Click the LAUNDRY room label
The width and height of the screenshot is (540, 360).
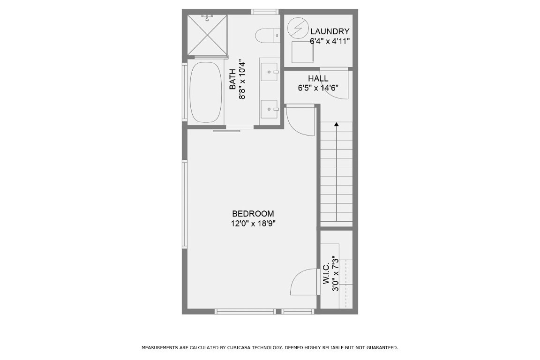[330, 31]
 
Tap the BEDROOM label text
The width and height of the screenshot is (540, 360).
[253, 214]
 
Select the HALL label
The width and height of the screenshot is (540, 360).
[318, 78]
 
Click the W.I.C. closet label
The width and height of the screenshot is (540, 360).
[326, 274]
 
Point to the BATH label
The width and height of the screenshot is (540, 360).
[232, 80]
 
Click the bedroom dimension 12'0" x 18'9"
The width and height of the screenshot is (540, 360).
[253, 224]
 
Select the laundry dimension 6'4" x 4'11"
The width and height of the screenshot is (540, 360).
[330, 41]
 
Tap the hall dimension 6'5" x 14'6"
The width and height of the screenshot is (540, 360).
[318, 88]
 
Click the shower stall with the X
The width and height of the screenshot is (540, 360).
[207, 35]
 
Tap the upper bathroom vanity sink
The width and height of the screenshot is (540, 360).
[270, 72]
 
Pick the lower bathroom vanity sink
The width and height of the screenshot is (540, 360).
[270, 109]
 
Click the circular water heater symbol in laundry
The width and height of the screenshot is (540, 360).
[296, 28]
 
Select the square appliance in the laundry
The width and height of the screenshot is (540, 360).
[302, 52]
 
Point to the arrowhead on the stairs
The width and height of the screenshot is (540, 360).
[336, 124]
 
